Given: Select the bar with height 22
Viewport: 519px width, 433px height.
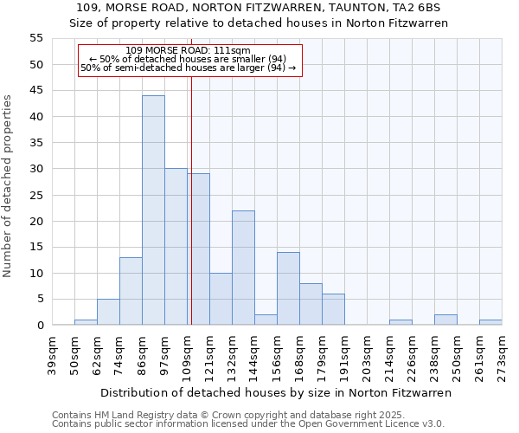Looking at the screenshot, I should point(243,268).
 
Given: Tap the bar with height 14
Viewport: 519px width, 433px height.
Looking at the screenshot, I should point(288,288).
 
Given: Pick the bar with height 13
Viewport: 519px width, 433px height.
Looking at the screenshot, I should point(131,291).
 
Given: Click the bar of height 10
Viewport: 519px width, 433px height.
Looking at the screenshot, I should point(221,299).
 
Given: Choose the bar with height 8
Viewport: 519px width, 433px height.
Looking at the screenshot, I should point(311,304).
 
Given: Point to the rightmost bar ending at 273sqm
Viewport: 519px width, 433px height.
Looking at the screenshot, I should point(490,322).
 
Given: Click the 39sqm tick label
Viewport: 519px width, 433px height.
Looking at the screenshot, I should point(52,355).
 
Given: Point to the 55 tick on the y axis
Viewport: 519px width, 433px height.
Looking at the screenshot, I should point(35,38).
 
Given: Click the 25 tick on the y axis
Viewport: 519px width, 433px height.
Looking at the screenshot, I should point(35,195).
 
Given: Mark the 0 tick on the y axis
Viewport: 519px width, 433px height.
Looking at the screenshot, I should point(39,326).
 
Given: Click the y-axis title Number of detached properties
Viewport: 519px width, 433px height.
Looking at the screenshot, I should point(9,185).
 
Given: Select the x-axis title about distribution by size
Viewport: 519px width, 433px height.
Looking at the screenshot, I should point(276,392).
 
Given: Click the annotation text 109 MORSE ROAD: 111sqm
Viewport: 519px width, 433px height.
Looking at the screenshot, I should point(188,50).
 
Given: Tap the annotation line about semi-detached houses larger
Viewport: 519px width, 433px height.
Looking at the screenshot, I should point(188,68).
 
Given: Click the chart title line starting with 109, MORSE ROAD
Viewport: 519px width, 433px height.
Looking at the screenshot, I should point(259,7).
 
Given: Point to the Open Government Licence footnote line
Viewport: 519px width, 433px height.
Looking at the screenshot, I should point(248,423).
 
